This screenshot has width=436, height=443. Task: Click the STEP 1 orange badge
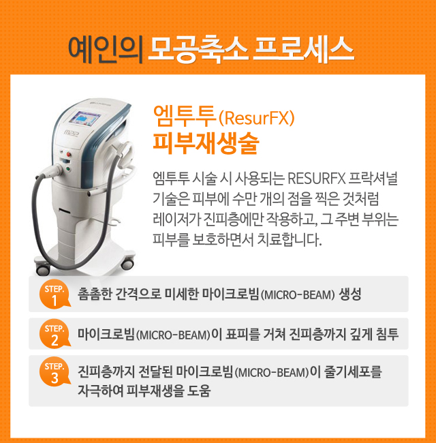pyautogui.click(x=54, y=294)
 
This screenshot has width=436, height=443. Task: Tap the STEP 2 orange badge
pyautogui.click(x=54, y=334)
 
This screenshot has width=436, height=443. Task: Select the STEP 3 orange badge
pyautogui.click(x=54, y=371)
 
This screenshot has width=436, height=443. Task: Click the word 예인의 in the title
pyautogui.click(x=106, y=50)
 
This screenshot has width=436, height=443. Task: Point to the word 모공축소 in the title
pyautogui.click(x=198, y=50)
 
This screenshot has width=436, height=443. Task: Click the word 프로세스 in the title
pyautogui.click(x=304, y=50)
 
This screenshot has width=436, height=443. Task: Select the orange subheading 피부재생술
pyautogui.click(x=206, y=143)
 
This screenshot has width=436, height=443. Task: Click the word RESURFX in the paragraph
pyautogui.click(x=317, y=179)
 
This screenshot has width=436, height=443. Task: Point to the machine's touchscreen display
pyautogui.click(x=84, y=119)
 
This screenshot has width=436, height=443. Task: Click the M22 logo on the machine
pyautogui.click(x=71, y=133)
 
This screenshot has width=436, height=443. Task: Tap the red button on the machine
pyautogui.click(x=69, y=154)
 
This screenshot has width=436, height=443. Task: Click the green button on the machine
pyautogui.click(x=67, y=169)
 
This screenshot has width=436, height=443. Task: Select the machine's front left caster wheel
pyautogui.click(x=43, y=269)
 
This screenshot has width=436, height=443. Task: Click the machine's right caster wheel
pyautogui.click(x=127, y=264)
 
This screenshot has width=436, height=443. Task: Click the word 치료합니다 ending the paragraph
pyautogui.click(x=290, y=239)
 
